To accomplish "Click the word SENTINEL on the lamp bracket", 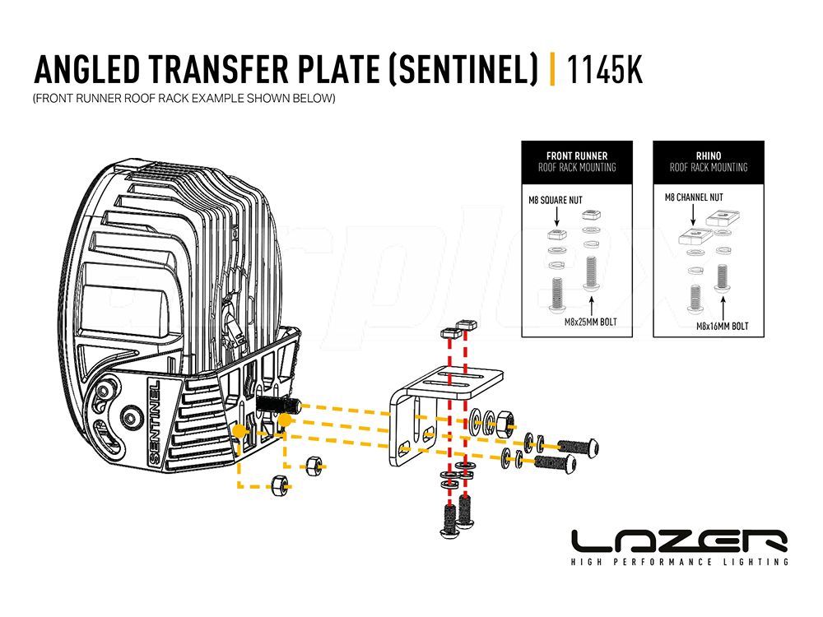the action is tap(155, 421).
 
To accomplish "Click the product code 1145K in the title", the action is tap(604, 69).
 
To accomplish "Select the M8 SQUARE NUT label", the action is tap(556, 200).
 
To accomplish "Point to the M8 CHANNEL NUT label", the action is tap(693, 197).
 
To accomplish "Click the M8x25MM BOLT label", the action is tap(590, 322).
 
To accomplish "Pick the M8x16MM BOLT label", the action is tap(723, 326).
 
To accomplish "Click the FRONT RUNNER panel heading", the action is tap(577, 155).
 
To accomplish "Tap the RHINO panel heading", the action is tap(709, 155).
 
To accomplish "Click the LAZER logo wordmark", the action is tap(680, 541).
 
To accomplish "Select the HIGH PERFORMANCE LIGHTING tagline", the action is tap(680, 562).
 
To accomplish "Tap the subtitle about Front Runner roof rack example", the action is tap(184, 98).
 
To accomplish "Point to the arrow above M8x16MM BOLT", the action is tap(723, 308).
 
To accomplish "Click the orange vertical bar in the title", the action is tap(552, 69).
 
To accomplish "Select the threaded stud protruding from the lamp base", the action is tap(278, 405).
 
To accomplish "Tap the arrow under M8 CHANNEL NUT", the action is tap(693, 215).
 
